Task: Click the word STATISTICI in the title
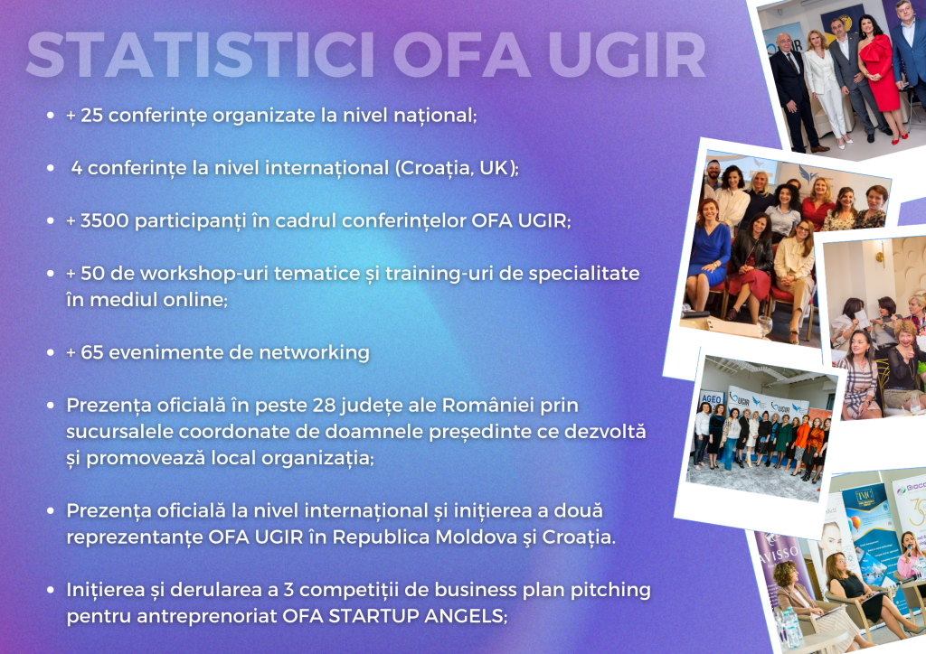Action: (x=201, y=55)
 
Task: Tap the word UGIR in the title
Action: (x=627, y=55)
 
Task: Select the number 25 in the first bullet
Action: (x=91, y=115)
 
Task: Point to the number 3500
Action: (x=105, y=220)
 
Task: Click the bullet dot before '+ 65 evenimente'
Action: (x=51, y=352)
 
